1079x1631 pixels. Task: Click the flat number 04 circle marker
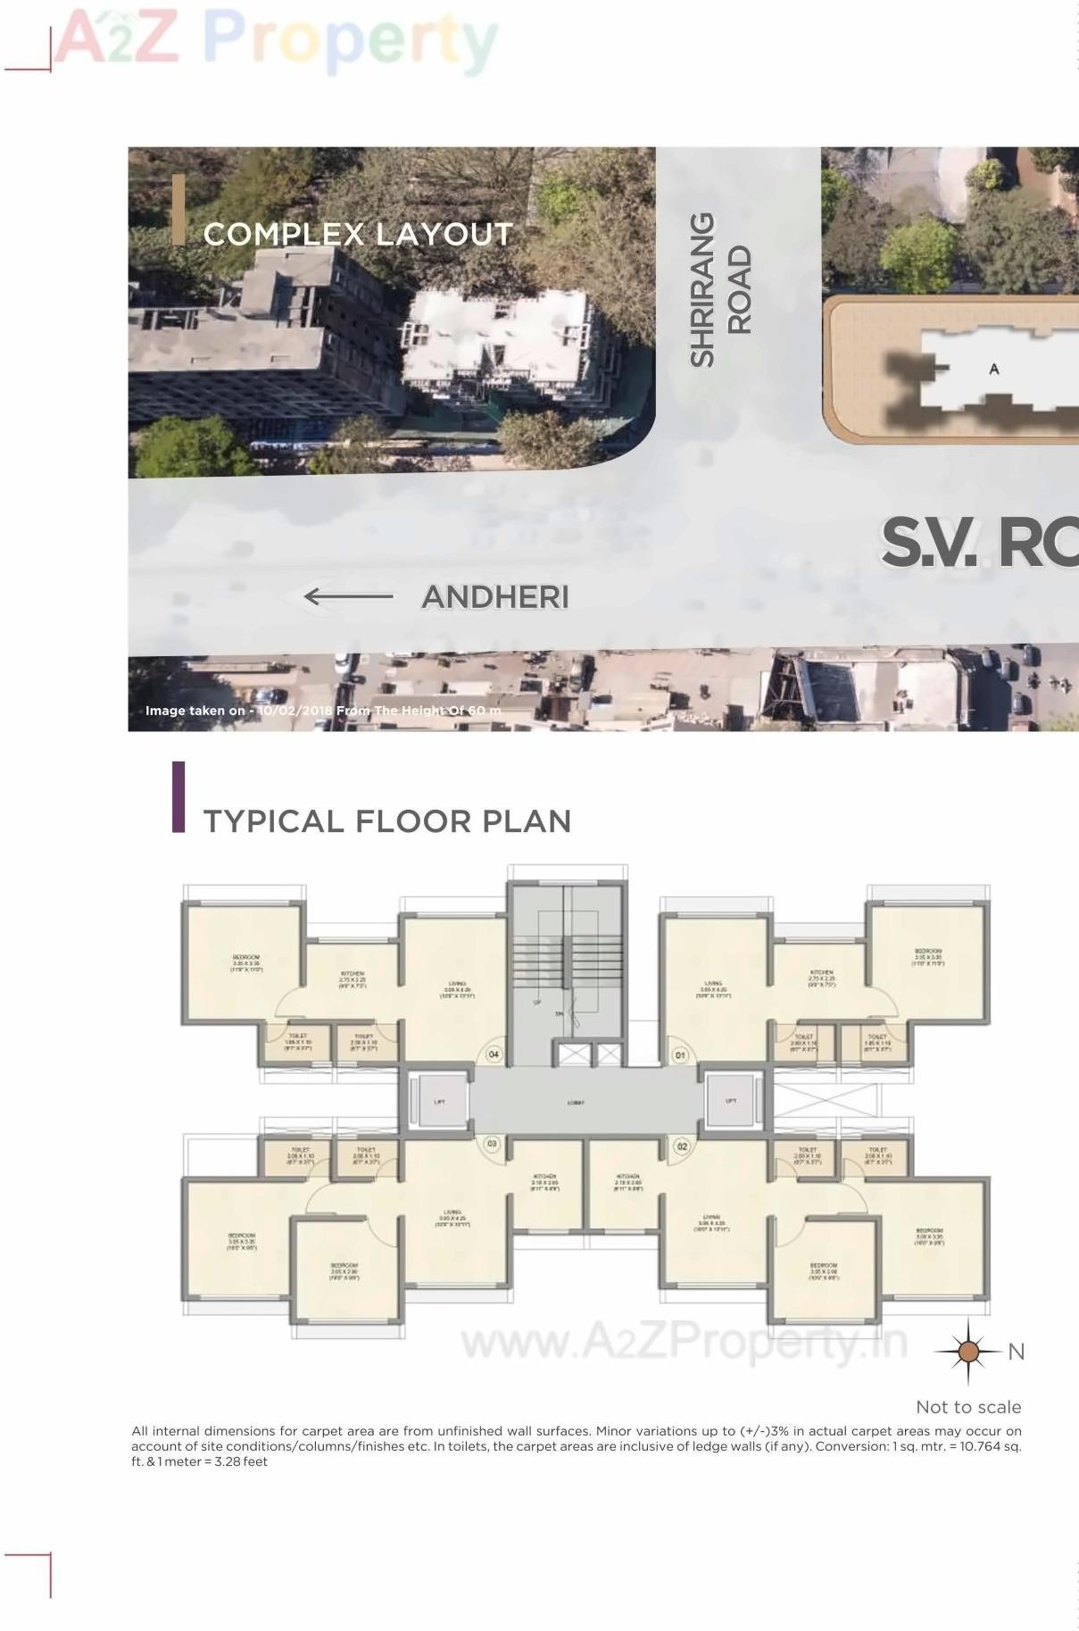pos(494,1054)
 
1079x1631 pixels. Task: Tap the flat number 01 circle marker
pos(680,1055)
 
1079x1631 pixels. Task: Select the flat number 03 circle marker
pos(492,1144)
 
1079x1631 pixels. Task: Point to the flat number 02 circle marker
pos(681,1146)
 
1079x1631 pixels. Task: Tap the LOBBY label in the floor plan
pos(576,1103)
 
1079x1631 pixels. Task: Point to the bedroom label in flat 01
pos(928,957)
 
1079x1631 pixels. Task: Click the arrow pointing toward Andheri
pos(348,596)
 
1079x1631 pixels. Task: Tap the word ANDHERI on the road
pos(495,597)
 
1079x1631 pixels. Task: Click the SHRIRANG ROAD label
pos(720,289)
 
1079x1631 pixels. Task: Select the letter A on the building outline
pos(994,369)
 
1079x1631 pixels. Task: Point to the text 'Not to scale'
pos(968,1407)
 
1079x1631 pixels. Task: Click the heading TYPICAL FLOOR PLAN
pos(387,821)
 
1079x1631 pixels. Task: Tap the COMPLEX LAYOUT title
pos(358,234)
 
